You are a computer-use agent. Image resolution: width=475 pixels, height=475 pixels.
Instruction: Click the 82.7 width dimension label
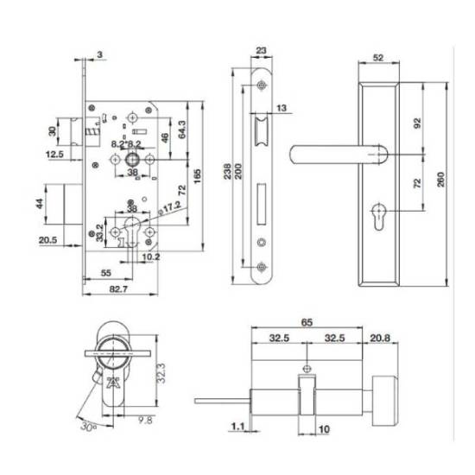(x=118, y=289)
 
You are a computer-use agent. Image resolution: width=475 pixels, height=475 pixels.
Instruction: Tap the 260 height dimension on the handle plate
(x=441, y=180)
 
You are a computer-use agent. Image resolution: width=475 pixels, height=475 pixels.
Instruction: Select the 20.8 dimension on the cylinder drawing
(x=380, y=338)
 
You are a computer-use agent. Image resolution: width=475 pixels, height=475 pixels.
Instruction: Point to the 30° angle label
(x=88, y=427)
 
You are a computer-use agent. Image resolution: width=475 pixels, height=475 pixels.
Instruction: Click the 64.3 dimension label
(x=182, y=130)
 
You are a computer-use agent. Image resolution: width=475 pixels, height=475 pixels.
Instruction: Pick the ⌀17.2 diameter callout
(x=169, y=208)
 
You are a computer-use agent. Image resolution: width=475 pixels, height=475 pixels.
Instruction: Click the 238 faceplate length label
(x=227, y=172)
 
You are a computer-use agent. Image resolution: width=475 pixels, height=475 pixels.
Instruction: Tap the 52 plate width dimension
(x=378, y=58)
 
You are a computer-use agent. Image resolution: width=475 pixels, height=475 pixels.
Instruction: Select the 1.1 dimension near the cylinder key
(x=237, y=427)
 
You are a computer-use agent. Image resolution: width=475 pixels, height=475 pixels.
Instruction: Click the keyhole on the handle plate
(x=378, y=216)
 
